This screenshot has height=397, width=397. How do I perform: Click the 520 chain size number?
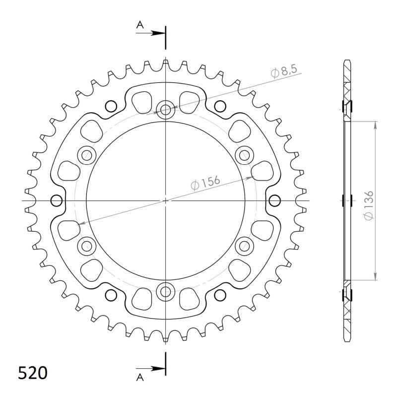tap(33, 372)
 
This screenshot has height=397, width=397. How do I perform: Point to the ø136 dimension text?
tap(368, 200)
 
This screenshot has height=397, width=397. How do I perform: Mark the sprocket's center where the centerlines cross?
tap(165, 200)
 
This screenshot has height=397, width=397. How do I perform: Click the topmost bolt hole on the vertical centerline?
tap(165, 109)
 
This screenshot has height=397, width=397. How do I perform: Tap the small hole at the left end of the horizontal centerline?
tap(57, 200)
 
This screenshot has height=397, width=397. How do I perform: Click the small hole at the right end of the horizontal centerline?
tap(273, 200)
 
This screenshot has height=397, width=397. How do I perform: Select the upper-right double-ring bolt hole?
tap(244, 155)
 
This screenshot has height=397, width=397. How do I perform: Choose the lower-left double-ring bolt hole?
tap(87, 245)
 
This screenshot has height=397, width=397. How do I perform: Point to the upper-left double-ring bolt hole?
tap(87, 155)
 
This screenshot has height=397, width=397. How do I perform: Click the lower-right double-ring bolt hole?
tap(244, 245)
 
